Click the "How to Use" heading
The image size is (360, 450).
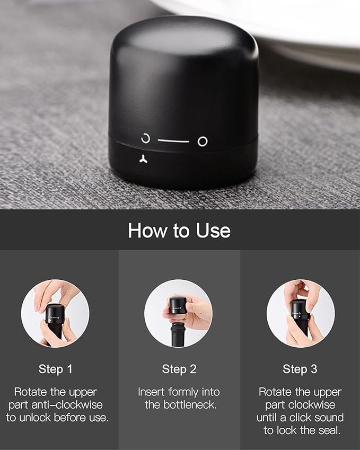179,230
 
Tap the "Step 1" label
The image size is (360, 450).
56,369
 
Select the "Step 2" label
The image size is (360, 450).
179,369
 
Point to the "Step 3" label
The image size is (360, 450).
300,369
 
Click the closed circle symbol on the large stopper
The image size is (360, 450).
203,141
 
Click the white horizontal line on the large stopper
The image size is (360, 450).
173,141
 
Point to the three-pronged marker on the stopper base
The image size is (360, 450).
144,158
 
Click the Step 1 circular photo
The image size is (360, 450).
55,313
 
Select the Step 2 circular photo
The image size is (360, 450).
178,313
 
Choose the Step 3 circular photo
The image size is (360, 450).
301,313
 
